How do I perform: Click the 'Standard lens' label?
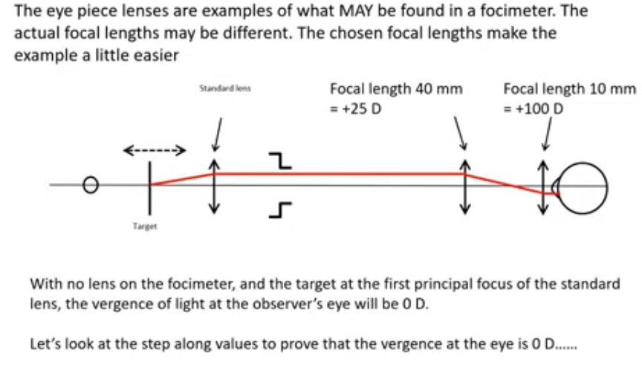[225, 88]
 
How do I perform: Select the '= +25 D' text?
[357, 109]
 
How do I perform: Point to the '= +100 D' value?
[534, 109]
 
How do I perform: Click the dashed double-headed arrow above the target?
[153, 152]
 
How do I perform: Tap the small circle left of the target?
[91, 184]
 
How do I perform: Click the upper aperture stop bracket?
[279, 159]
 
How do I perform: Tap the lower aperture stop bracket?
[281, 210]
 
